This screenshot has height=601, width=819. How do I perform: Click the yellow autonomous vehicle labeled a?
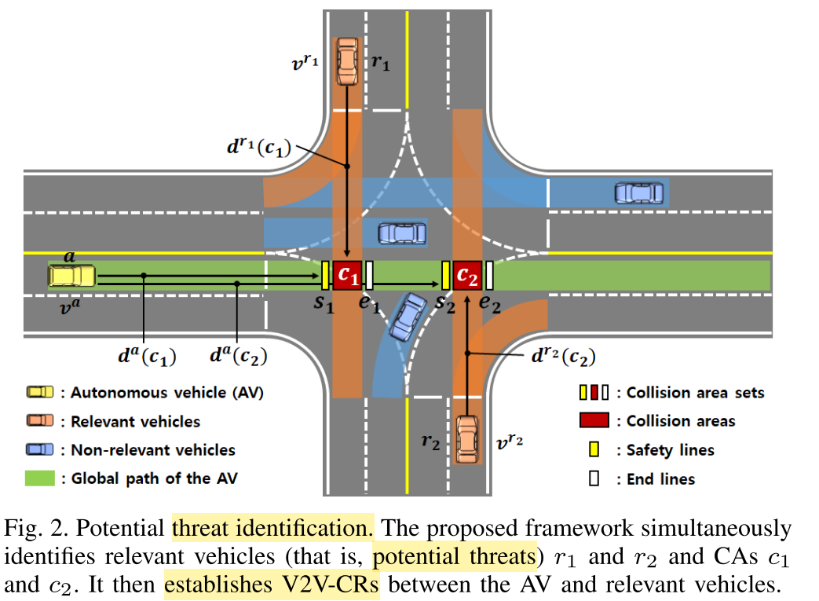(x=71, y=276)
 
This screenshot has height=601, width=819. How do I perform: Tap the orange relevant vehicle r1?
(x=346, y=60)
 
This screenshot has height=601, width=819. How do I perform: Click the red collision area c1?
(x=347, y=275)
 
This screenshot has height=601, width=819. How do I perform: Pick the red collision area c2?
(x=467, y=275)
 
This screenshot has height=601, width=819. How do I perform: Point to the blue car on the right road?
(x=638, y=192)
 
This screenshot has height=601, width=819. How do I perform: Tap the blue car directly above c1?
(x=402, y=233)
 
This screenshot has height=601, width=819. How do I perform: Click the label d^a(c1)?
(x=147, y=356)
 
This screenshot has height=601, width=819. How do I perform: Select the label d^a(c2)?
(x=239, y=356)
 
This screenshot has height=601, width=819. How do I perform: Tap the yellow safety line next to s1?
(x=325, y=275)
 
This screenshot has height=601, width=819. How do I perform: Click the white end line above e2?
(x=489, y=275)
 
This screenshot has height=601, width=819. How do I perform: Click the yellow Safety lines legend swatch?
(x=594, y=450)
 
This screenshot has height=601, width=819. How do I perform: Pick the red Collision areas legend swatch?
(x=594, y=421)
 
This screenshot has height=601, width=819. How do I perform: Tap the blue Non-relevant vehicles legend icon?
(x=40, y=450)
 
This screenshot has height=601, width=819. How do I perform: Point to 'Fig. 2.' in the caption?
(x=29, y=527)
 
